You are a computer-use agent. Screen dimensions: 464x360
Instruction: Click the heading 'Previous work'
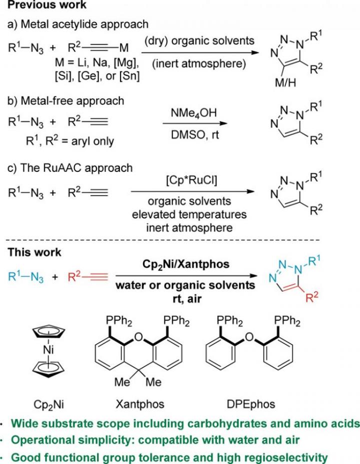click(x=40, y=6)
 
